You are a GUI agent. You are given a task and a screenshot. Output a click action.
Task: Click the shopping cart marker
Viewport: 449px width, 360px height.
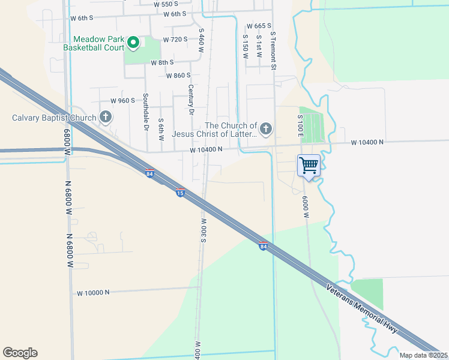[309, 165]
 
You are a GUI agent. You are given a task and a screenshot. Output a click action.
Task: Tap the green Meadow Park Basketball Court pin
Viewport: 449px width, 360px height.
[133, 43]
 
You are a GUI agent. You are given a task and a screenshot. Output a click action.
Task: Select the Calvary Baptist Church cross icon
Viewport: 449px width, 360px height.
[106, 116]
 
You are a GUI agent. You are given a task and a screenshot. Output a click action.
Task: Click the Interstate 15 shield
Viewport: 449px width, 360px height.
[180, 193]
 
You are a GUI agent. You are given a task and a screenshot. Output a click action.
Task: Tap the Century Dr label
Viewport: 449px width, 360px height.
[191, 100]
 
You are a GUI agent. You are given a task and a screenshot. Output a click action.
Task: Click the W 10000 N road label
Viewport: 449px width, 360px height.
[94, 293]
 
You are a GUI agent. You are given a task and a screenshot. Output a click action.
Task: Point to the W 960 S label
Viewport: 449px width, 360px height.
[123, 101]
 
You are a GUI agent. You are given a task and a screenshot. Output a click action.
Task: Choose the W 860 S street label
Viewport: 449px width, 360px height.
[178, 76]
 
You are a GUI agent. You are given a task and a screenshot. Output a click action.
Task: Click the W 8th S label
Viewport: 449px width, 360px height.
[162, 62]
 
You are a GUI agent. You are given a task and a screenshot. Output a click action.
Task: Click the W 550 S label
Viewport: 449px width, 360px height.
[166, 4]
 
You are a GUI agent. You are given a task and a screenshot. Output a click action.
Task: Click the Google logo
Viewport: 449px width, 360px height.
[20, 353]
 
